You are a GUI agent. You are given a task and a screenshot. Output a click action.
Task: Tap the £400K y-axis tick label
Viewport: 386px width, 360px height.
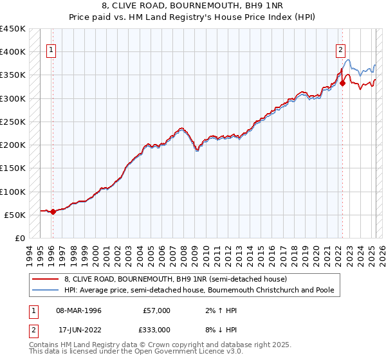click(x=12, y=51)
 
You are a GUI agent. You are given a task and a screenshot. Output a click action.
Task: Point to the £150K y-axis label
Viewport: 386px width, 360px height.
click(x=12, y=168)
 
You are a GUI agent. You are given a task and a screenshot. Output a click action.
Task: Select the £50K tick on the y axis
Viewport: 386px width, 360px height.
click(x=15, y=215)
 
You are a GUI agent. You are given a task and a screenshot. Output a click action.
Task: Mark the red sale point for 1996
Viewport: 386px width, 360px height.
click(x=53, y=212)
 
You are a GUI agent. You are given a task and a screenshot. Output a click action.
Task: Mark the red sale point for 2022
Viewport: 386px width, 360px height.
click(x=343, y=83)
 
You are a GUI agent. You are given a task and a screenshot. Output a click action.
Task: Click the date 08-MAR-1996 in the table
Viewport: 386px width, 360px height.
click(x=79, y=310)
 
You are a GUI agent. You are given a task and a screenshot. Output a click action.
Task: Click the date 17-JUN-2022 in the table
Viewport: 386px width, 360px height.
click(x=79, y=329)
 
